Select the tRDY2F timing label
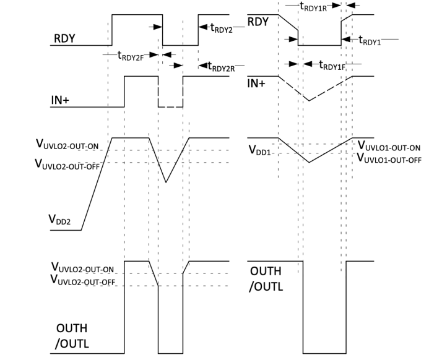[x=132, y=55]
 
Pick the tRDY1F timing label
[x=332, y=64]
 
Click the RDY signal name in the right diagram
[x=258, y=22]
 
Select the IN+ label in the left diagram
[x=60, y=100]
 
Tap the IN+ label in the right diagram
[x=256, y=82]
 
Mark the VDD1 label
[x=261, y=150]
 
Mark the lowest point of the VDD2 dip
[x=166, y=182]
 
